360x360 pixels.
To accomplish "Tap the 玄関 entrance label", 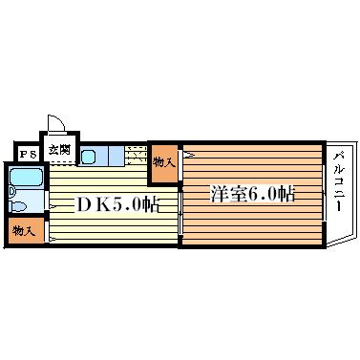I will click(x=59, y=150).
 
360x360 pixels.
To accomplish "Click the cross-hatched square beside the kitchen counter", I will click(x=136, y=155).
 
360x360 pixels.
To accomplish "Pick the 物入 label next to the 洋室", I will click(x=163, y=160).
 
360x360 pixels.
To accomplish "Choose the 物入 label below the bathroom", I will click(x=24, y=231).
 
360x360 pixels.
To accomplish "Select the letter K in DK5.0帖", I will click(x=100, y=204).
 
